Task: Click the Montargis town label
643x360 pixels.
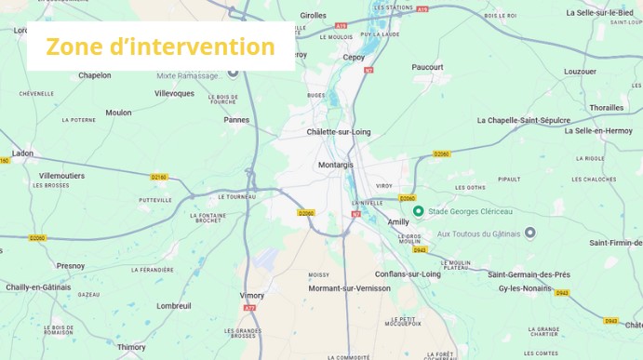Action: pyautogui.click(x=336, y=165)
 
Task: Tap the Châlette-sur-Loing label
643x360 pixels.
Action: pyautogui.click(x=339, y=132)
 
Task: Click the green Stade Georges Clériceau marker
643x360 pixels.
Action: pyautogui.click(x=419, y=211)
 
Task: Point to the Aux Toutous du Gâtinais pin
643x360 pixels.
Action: pyautogui.click(x=530, y=233)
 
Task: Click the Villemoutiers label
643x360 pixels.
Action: pyautogui.click(x=61, y=175)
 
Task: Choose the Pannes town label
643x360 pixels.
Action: pyautogui.click(x=236, y=119)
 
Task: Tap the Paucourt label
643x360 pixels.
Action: pyautogui.click(x=428, y=67)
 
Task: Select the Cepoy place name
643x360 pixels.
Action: pyautogui.click(x=355, y=57)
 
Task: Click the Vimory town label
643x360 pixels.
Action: pyautogui.click(x=252, y=295)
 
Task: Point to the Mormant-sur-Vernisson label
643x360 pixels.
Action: pyautogui.click(x=350, y=288)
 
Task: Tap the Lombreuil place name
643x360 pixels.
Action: pyautogui.click(x=174, y=305)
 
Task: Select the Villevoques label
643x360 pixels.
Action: pyautogui.click(x=175, y=93)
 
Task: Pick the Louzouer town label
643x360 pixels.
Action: pyautogui.click(x=580, y=71)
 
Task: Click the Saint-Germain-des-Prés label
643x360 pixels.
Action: pyautogui.click(x=529, y=274)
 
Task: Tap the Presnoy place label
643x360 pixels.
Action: pyautogui.click(x=71, y=266)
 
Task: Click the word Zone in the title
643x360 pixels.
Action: pyautogui.click(x=74, y=47)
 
